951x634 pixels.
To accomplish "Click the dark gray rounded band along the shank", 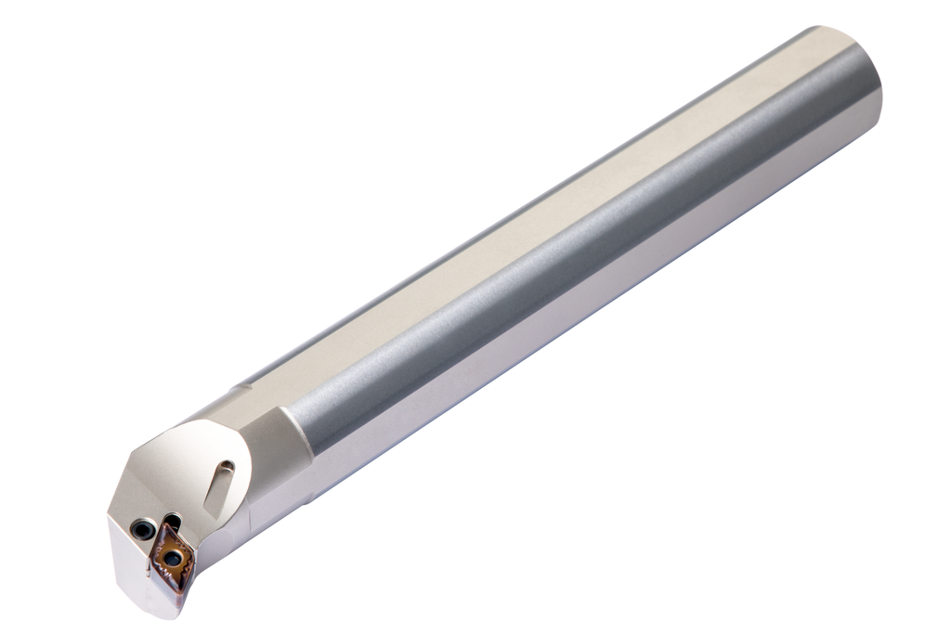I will [x=576, y=251].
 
